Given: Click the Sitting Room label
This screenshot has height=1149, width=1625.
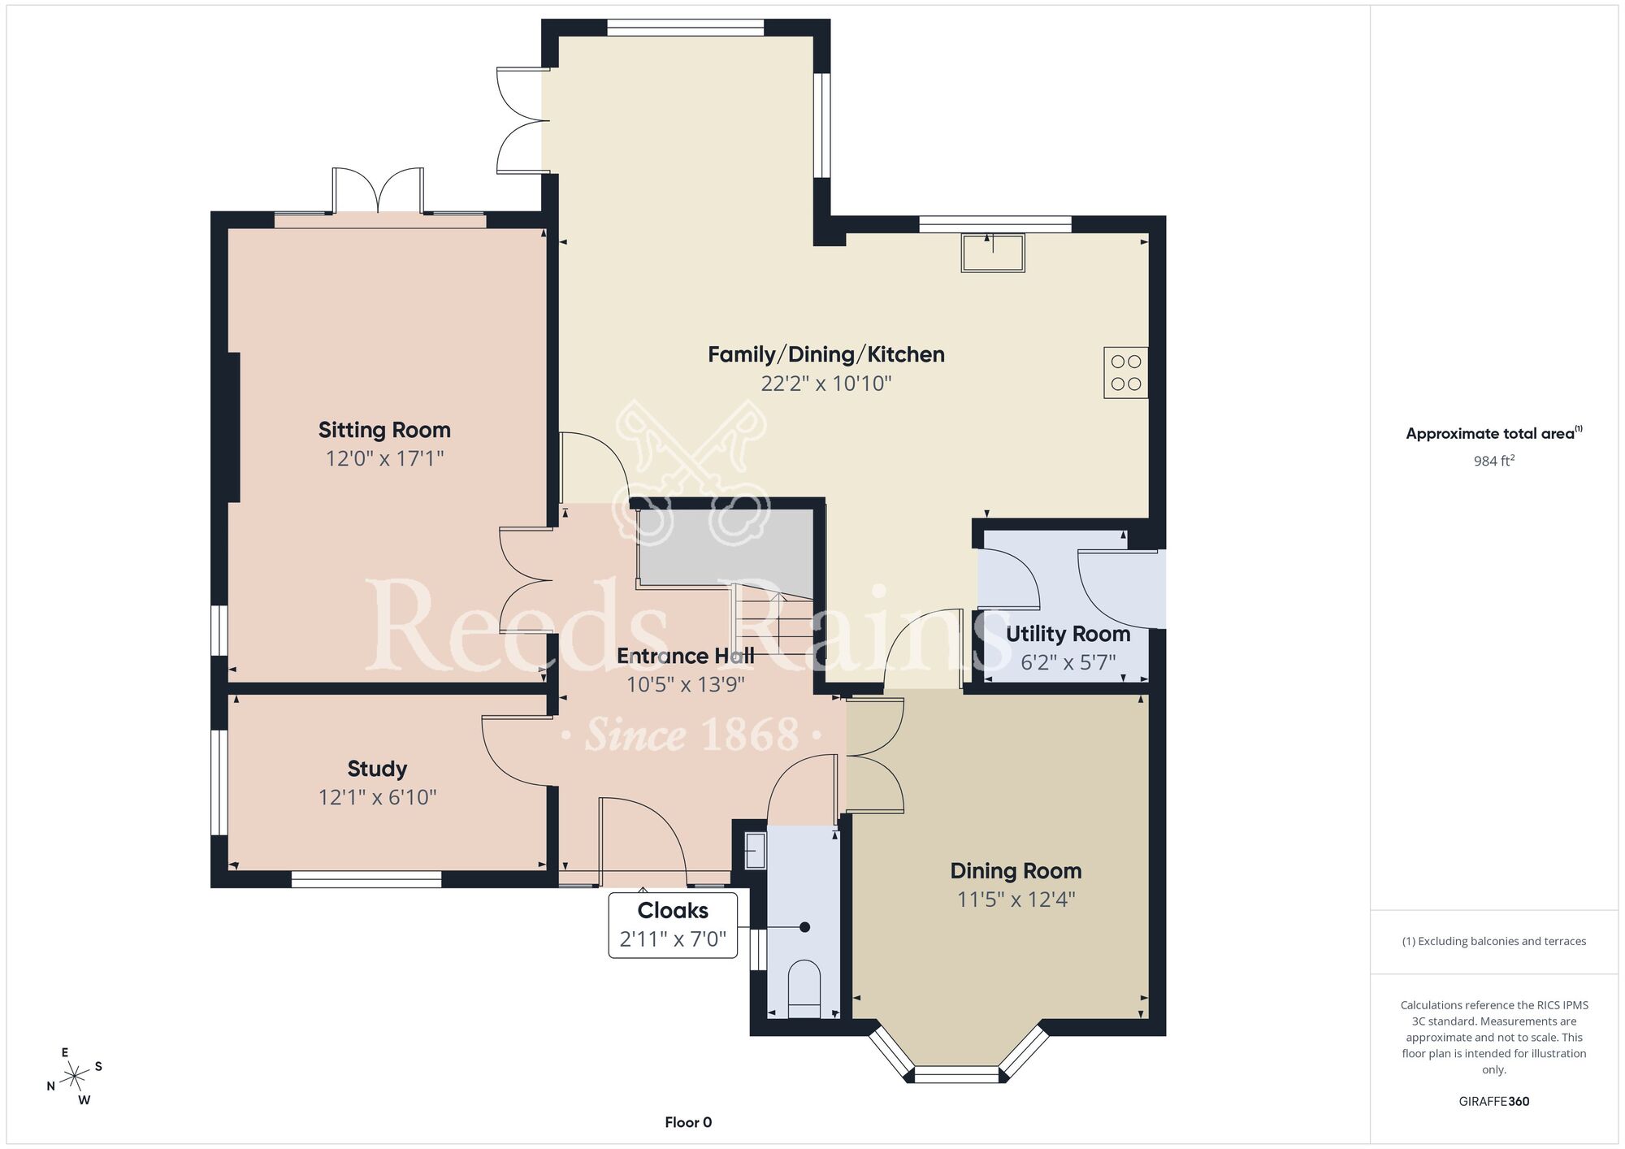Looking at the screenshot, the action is [x=384, y=430].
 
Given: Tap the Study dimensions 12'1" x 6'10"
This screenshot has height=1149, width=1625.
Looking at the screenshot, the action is [x=377, y=797].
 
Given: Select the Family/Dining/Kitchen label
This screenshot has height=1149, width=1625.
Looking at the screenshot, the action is [x=825, y=354].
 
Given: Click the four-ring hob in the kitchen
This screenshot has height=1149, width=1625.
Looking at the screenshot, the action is [x=1125, y=373].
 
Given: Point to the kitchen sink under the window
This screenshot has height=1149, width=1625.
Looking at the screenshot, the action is [x=993, y=253].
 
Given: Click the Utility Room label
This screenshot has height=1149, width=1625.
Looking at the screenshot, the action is [x=1068, y=634].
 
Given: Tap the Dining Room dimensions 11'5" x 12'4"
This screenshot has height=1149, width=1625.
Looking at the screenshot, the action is [x=1016, y=900].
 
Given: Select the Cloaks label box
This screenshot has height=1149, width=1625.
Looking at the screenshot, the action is [x=673, y=925].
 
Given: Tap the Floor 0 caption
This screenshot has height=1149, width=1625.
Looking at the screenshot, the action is [x=688, y=1122].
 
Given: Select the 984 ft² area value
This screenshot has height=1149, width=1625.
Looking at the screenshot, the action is [x=1494, y=461].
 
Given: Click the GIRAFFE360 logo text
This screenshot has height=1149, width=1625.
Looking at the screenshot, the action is [x=1494, y=1102].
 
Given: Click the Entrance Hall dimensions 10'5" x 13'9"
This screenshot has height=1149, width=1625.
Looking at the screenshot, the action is [x=685, y=684].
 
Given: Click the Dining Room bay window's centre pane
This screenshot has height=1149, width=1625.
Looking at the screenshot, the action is [x=956, y=1074].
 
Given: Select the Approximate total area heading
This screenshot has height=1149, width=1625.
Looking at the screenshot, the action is [x=1494, y=433].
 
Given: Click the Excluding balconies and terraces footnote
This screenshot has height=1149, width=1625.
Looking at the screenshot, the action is [x=1494, y=941].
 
